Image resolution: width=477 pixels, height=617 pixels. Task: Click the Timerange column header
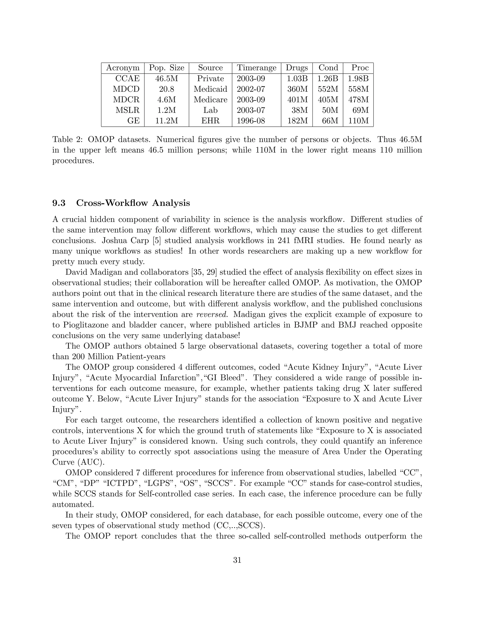click(x=256, y=68)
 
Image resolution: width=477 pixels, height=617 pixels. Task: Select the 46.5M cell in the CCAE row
click(x=167, y=78)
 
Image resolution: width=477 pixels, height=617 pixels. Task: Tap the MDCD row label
click(x=126, y=89)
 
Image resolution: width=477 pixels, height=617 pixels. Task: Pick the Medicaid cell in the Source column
click(x=210, y=89)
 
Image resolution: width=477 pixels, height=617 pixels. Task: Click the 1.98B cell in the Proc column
click(x=358, y=78)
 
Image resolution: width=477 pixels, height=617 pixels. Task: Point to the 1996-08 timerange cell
click(x=251, y=121)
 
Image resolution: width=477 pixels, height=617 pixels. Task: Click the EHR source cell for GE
click(x=210, y=121)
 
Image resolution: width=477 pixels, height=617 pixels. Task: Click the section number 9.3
click(x=59, y=203)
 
